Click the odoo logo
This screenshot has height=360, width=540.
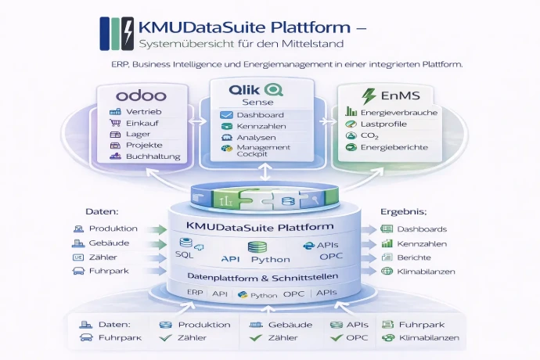142,97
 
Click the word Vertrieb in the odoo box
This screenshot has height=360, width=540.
143,113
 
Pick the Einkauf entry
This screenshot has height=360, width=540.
142,124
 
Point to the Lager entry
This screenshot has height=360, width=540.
138,135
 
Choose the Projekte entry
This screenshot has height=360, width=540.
142,146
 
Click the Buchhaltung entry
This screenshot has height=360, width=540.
152,157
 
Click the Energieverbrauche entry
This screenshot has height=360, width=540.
399,113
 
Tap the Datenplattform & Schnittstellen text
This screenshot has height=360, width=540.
250,276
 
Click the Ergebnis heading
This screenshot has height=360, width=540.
402,212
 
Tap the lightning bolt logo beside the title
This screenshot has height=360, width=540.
126,34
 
